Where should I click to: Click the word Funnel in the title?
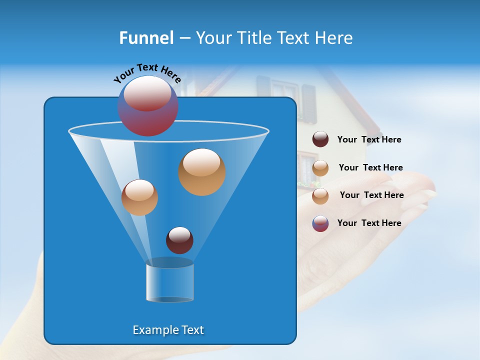(x=146, y=38)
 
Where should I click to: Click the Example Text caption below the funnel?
(x=168, y=330)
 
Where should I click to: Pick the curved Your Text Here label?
(x=147, y=72)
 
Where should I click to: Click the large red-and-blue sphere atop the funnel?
(x=148, y=106)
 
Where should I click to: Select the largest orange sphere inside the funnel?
(x=202, y=172)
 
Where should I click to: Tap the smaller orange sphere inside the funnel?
(x=139, y=197)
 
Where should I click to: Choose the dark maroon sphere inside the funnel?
(x=179, y=240)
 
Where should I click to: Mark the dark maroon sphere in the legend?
(x=320, y=139)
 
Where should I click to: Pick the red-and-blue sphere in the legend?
(x=320, y=223)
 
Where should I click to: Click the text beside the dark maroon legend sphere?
(x=369, y=139)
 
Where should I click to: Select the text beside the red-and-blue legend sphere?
(x=369, y=223)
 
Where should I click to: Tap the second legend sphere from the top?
(x=320, y=168)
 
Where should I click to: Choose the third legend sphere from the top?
(x=320, y=196)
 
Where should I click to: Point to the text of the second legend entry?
(x=370, y=167)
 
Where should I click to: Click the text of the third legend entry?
(x=371, y=195)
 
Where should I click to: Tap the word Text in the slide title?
(x=298, y=38)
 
